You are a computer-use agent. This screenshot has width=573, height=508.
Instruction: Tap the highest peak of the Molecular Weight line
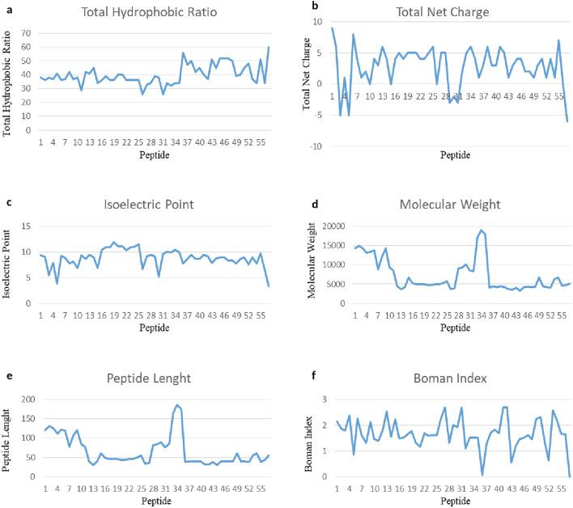(482, 231)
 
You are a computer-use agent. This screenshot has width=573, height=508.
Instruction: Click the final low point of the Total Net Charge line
(567, 121)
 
